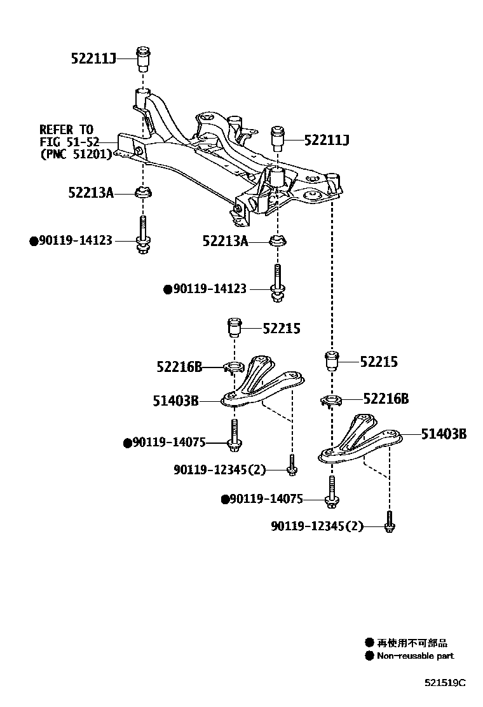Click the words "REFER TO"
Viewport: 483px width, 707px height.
point(66,129)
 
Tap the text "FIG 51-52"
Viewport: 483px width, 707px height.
point(69,141)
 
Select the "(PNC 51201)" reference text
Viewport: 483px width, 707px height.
point(75,154)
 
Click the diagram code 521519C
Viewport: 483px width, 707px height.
point(445,683)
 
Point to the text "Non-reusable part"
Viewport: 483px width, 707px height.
point(416,656)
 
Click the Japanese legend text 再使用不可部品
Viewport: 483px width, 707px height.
point(412,643)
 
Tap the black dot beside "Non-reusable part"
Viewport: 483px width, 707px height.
point(369,656)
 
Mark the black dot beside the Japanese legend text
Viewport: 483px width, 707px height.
point(369,643)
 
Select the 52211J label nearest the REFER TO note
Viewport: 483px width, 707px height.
point(93,60)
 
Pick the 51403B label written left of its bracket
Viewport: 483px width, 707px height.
point(175,401)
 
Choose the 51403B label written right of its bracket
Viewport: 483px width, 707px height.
point(444,434)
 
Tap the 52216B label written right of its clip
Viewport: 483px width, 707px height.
point(386,399)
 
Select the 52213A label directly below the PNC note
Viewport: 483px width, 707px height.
point(91,191)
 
